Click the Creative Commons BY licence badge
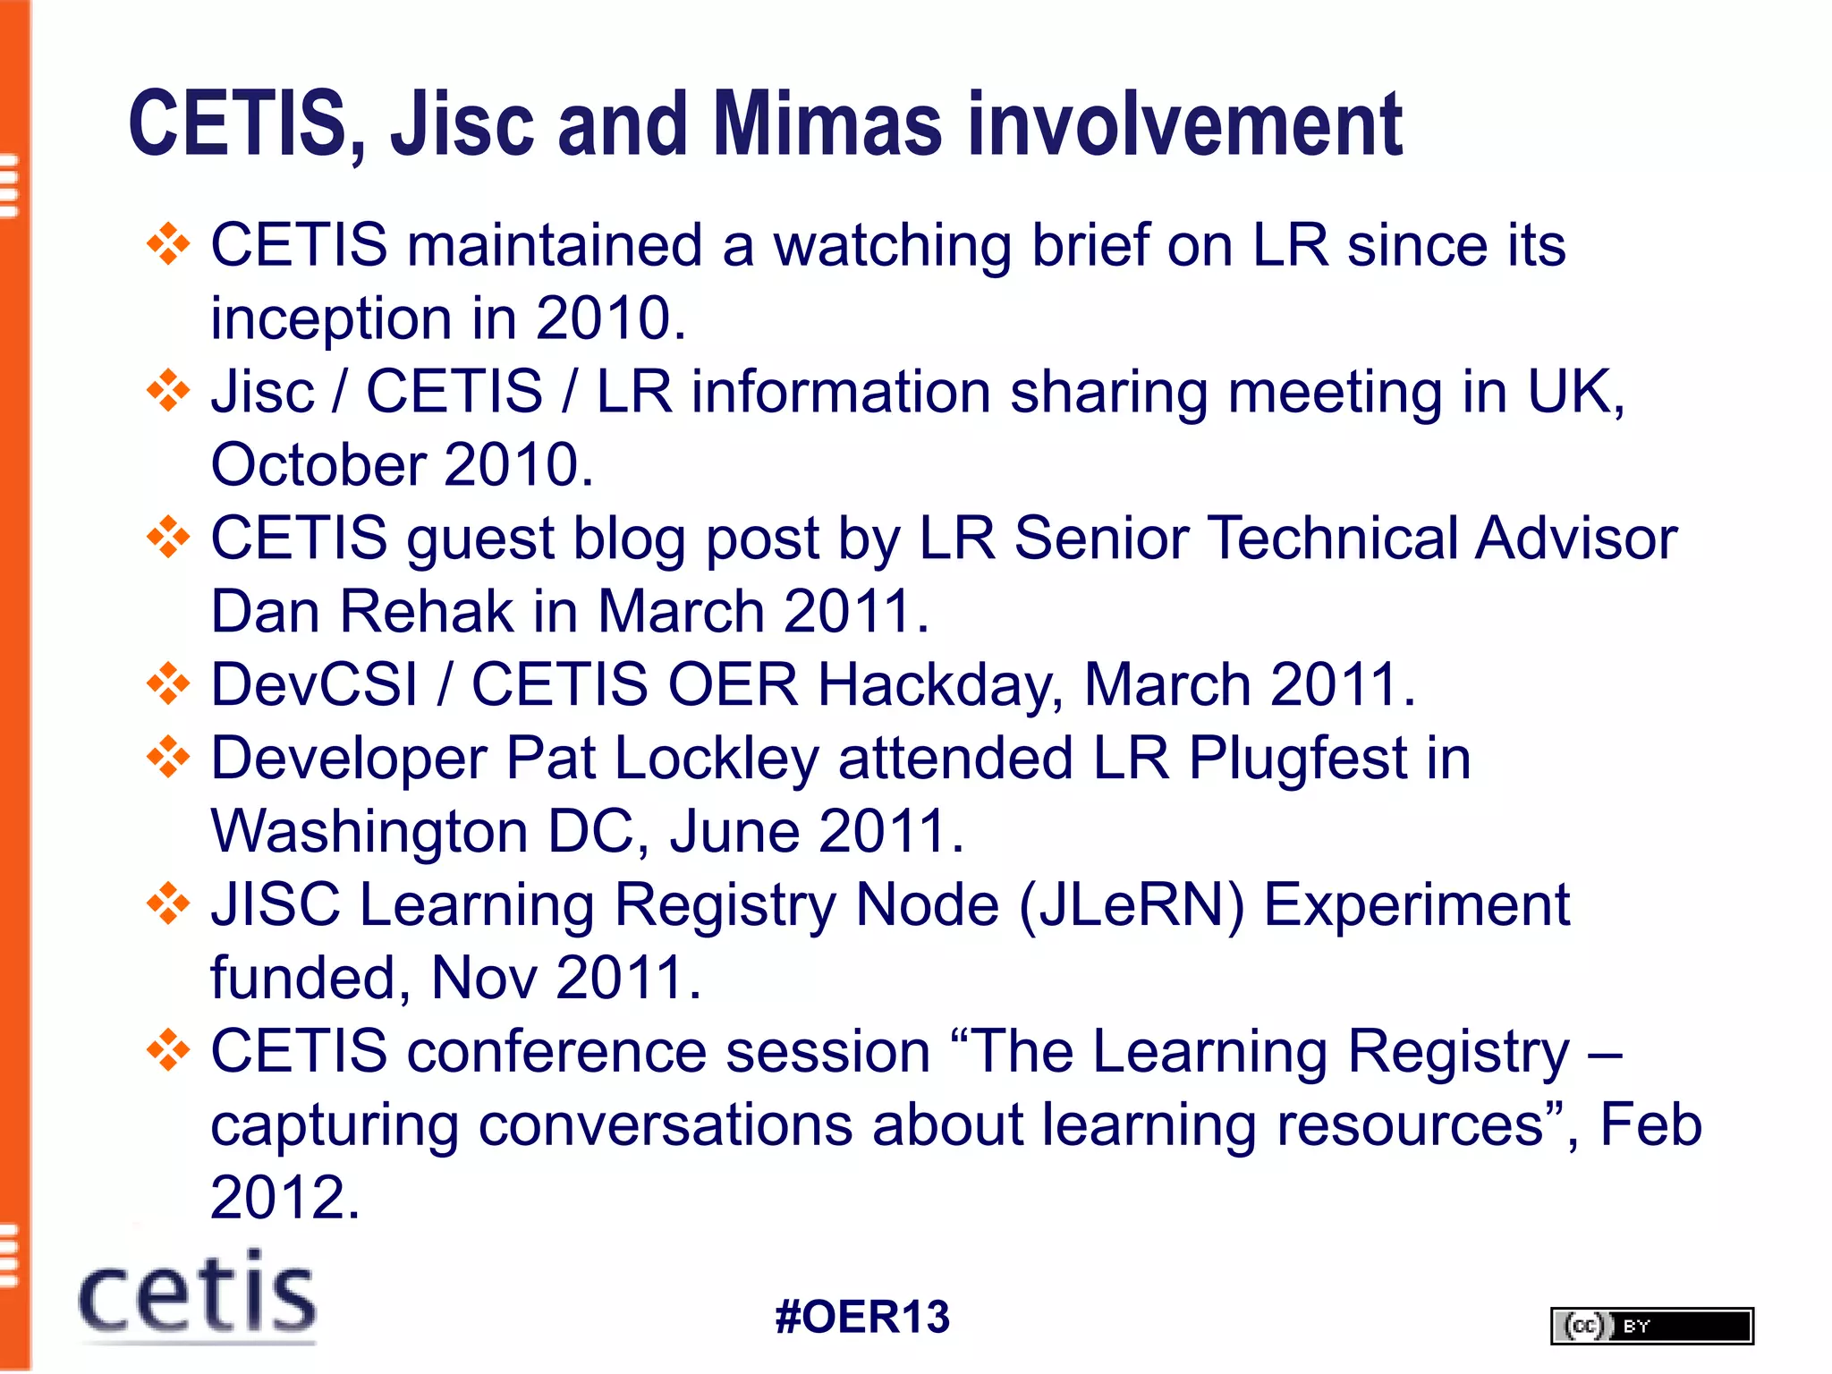(1651, 1326)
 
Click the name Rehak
(426, 613)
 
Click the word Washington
(369, 833)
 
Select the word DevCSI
(314, 686)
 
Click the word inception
(331, 319)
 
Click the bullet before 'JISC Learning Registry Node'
(168, 904)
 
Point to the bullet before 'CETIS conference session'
(168, 1051)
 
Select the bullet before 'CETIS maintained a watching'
(168, 244)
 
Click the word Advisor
(1575, 539)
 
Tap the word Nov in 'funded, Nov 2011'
(483, 979)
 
